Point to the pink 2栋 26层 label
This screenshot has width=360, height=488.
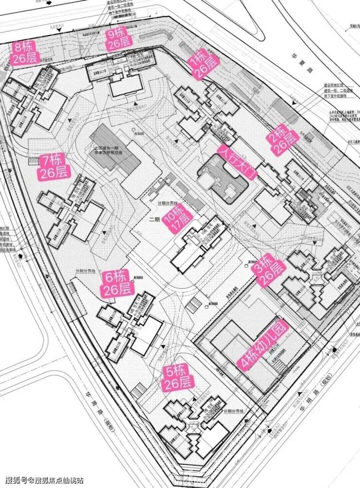pyautogui.click(x=282, y=140)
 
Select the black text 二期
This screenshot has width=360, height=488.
pyautogui.click(x=154, y=219)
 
